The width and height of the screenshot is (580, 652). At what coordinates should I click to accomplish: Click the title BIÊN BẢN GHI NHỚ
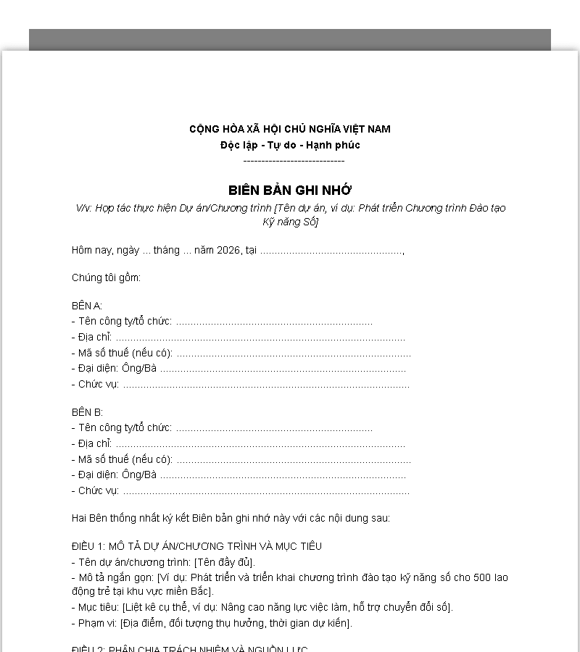(290, 191)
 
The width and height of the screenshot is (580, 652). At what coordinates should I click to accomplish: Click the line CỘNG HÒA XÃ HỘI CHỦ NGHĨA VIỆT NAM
(290, 129)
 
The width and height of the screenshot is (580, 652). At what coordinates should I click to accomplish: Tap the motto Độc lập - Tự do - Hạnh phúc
(290, 145)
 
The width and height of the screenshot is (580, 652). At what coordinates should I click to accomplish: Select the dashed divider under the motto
(294, 161)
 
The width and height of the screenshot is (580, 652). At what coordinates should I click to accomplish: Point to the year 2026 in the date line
(228, 251)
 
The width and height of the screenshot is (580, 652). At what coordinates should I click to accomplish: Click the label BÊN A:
(87, 306)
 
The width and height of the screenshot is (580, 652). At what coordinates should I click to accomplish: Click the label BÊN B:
(87, 412)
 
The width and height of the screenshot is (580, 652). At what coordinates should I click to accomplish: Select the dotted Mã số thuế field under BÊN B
(293, 460)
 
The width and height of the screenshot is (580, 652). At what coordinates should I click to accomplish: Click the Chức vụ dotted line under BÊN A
(265, 385)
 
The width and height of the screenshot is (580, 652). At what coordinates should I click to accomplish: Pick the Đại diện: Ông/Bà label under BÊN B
(116, 475)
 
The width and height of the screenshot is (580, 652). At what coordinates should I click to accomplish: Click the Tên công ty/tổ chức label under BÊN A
(123, 322)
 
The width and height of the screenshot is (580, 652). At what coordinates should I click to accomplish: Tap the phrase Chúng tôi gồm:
(106, 278)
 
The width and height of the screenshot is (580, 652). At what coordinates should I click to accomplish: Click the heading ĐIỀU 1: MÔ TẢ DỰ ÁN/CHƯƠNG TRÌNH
(196, 546)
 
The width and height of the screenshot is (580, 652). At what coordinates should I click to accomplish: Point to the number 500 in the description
(482, 578)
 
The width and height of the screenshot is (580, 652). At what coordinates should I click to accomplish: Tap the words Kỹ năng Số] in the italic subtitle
(290, 222)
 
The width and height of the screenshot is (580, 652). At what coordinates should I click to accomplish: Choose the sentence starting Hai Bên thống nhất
(231, 519)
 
